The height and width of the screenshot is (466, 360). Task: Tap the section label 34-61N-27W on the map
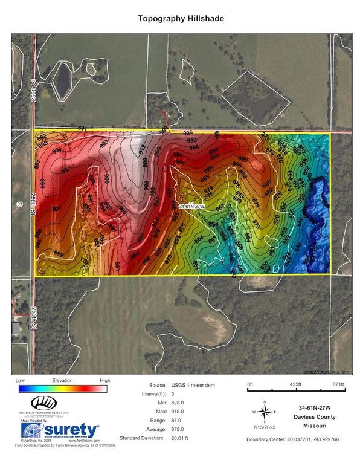pos(192,207)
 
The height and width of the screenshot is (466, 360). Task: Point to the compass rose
pos(265,412)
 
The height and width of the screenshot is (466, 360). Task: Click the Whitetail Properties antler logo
pos(43,403)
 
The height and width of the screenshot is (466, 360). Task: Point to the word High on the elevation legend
pos(104,381)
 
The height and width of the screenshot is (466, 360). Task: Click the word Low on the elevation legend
pos(21,381)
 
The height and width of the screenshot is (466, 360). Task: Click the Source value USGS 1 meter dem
pos(190,385)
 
